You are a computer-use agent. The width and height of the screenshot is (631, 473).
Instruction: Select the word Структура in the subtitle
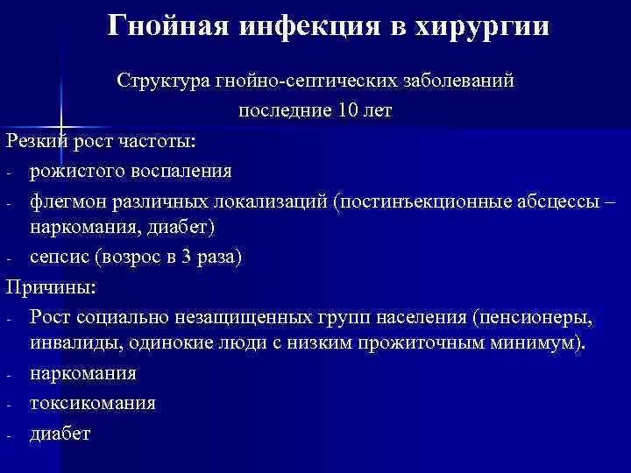(162, 81)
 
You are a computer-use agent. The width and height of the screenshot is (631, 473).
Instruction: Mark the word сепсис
(58, 257)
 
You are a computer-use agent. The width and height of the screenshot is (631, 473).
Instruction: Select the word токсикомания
(92, 403)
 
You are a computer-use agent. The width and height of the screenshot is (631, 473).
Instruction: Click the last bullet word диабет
(59, 433)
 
